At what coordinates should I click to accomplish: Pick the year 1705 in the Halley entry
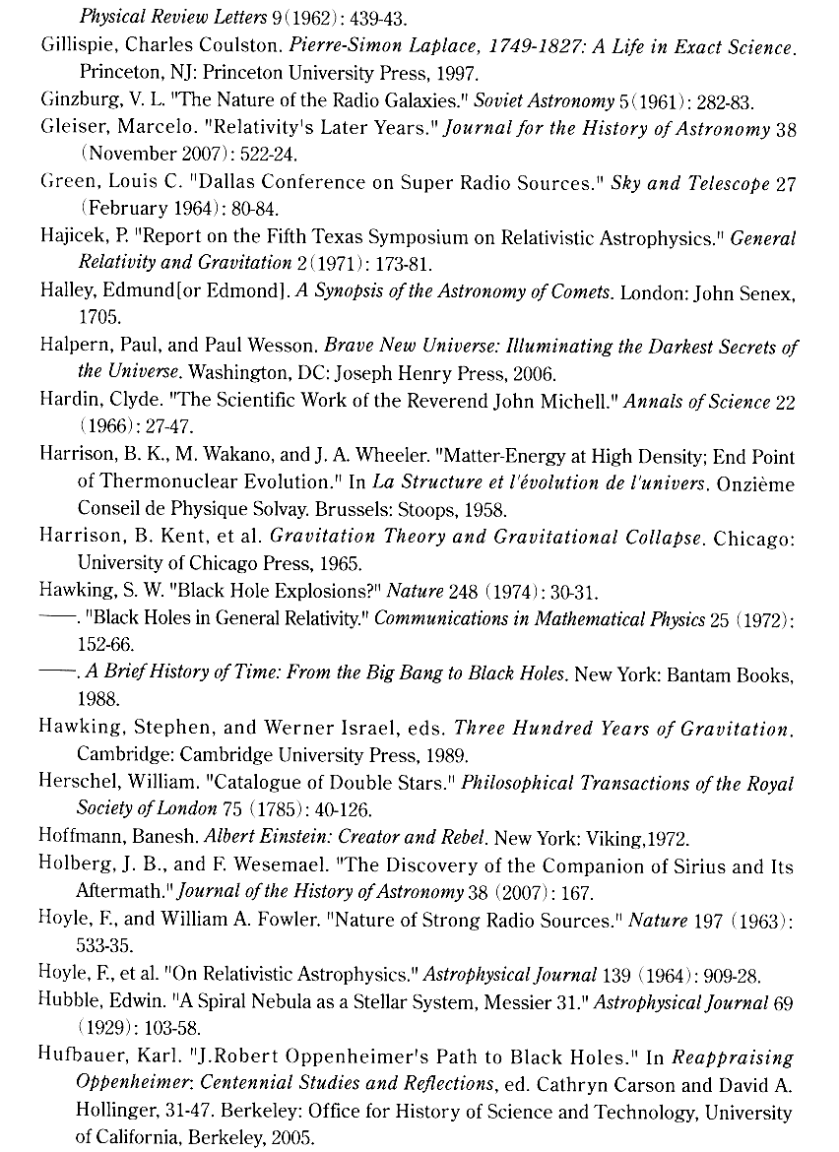coord(96,319)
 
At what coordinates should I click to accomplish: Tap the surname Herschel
coord(75,784)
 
